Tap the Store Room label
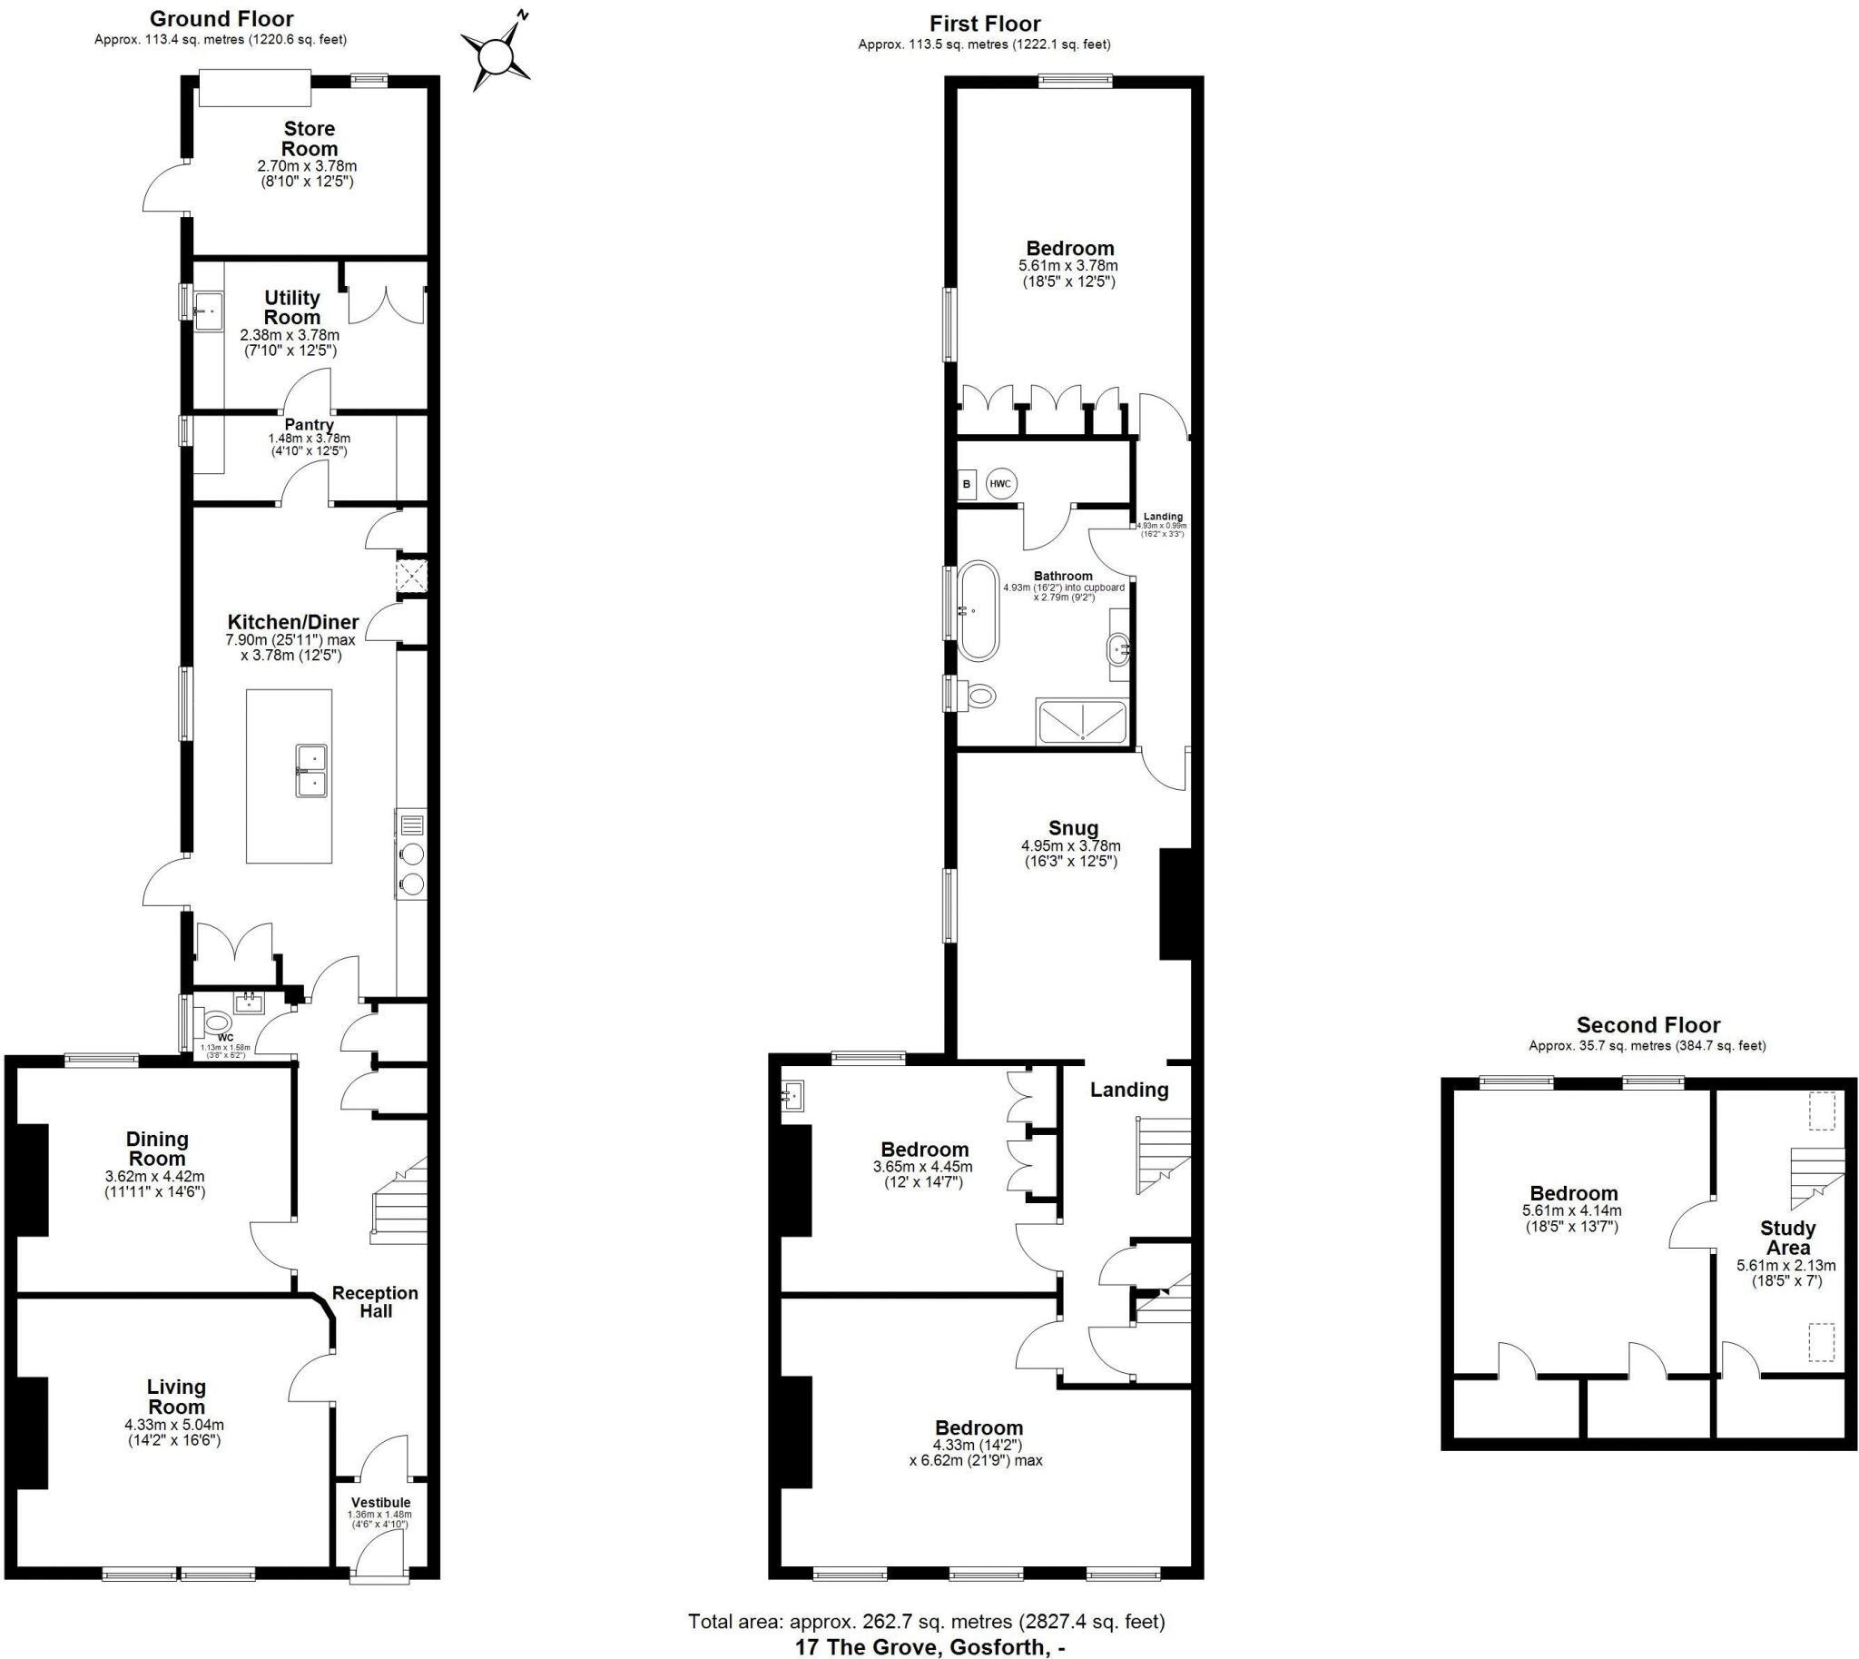309,139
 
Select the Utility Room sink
208,309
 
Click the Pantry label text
309,425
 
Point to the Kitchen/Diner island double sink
311,770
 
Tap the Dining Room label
158,1149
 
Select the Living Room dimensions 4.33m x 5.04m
174,1425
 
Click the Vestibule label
380,1502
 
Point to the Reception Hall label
375,1301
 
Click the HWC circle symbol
1000,483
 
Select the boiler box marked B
967,484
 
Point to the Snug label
1073,827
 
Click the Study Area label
1787,1238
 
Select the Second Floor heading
1648,1024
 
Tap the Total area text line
926,1621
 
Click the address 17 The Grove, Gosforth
929,1646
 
